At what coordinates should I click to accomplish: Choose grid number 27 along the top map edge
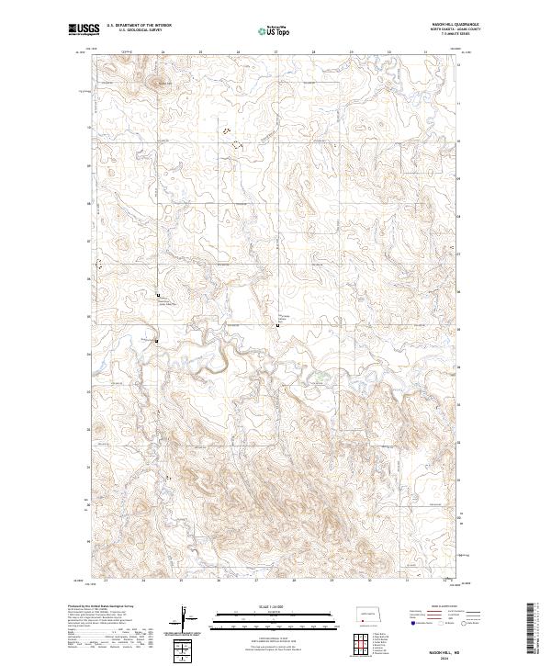tap(276, 52)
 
